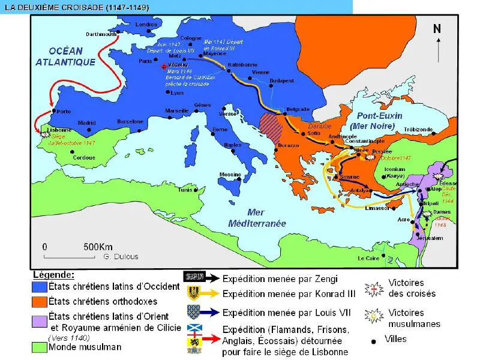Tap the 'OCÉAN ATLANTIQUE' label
[x=65, y=56]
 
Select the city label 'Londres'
[x=147, y=25]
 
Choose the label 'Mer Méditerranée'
[x=257, y=218]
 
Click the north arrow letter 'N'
[x=437, y=29]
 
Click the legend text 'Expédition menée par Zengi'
[x=280, y=278]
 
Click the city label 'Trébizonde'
[x=418, y=130]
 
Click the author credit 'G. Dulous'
[x=121, y=257]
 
